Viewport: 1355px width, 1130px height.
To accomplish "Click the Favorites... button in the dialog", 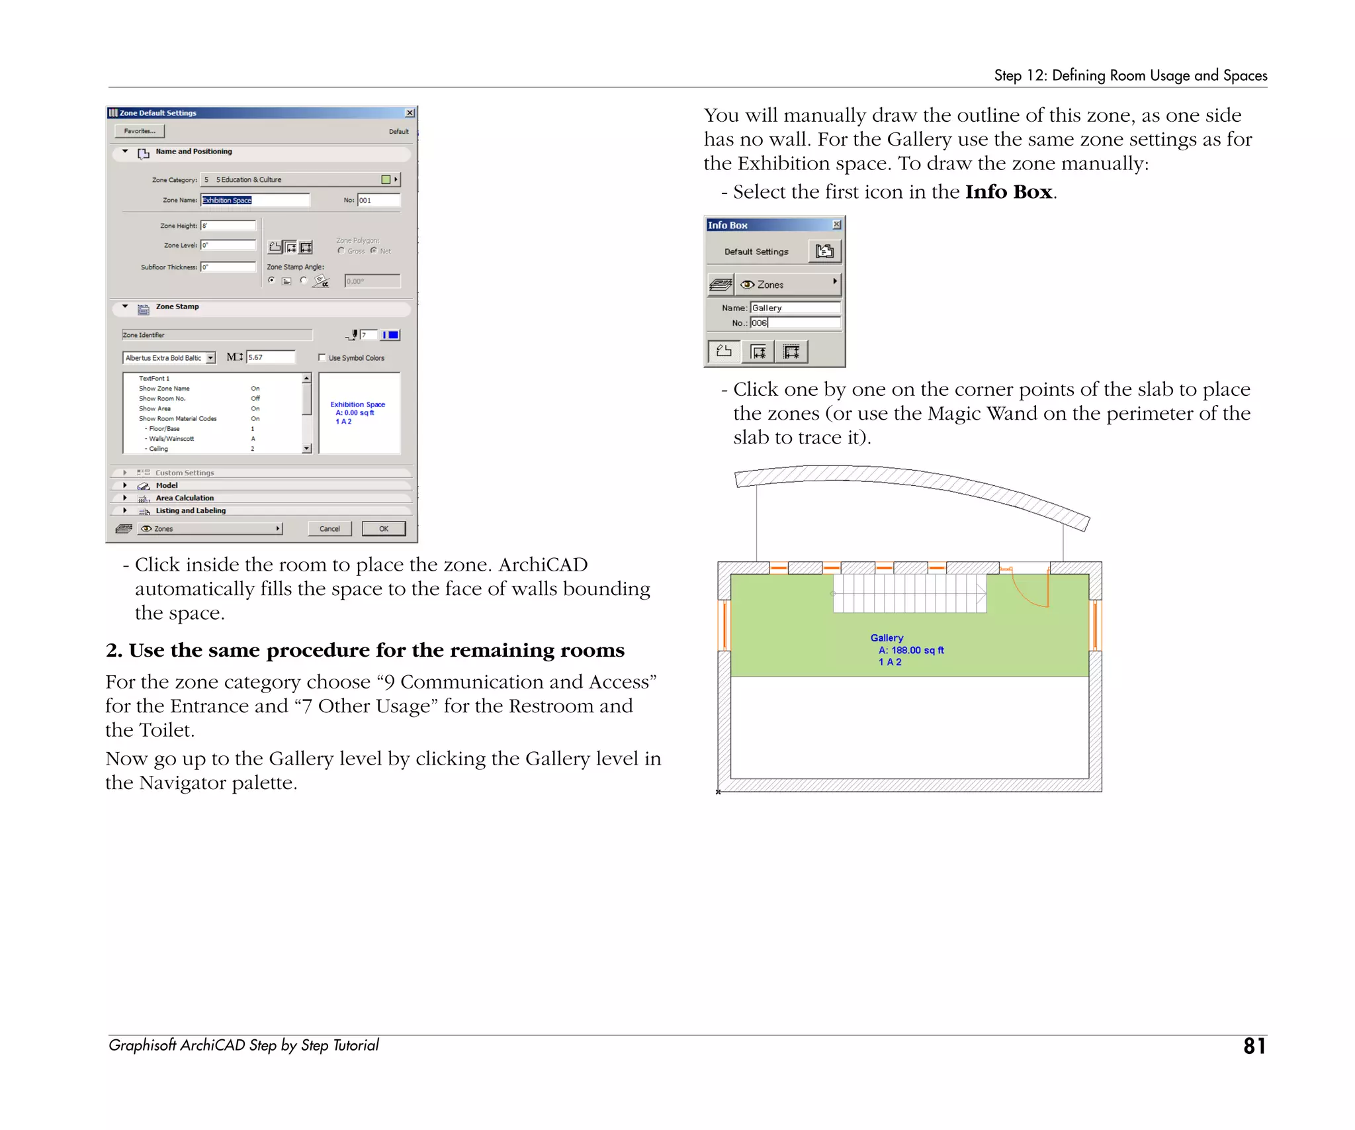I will (x=140, y=131).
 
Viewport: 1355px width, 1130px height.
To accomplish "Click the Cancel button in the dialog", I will (x=329, y=528).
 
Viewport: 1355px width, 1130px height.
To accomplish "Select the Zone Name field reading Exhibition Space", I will (x=255, y=200).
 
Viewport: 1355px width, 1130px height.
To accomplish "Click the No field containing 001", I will (x=378, y=200).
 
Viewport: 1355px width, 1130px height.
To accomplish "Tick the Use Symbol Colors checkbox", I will (x=322, y=357).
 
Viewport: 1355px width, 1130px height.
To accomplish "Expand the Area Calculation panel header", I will (x=185, y=498).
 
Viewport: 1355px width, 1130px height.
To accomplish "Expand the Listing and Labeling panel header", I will (x=191, y=510).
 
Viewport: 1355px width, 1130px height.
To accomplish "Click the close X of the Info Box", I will (x=836, y=224).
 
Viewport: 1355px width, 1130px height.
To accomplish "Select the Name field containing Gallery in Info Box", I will (x=795, y=308).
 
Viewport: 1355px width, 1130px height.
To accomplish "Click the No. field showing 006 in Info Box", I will (x=795, y=323).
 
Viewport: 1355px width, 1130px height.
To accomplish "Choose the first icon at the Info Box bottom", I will (x=724, y=352).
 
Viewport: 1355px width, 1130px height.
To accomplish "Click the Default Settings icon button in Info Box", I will (x=824, y=252).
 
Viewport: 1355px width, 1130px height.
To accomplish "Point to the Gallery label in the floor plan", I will (x=887, y=637).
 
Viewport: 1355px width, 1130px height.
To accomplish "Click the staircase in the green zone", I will (x=909, y=593).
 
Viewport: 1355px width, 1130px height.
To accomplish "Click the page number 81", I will (x=1254, y=1046).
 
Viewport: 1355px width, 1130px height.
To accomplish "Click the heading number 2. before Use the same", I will (x=114, y=651).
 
